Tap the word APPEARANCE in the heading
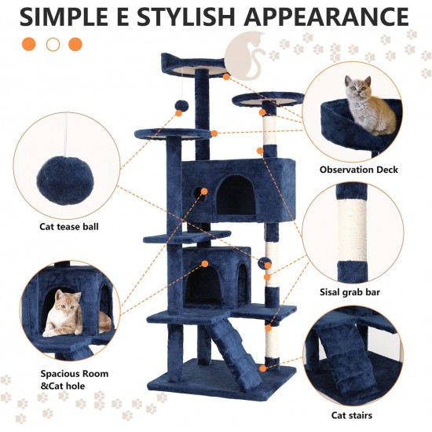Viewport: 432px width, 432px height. click(326, 16)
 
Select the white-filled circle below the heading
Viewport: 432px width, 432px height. click(53, 44)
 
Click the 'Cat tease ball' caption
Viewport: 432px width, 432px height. click(69, 226)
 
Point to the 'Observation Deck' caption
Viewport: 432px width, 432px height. click(359, 170)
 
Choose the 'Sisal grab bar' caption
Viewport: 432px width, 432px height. click(350, 292)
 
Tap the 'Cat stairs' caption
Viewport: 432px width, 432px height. click(352, 415)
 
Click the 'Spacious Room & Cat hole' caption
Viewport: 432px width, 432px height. click(75, 379)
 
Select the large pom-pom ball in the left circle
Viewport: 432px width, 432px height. click(64, 181)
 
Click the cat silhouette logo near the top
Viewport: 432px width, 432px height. click(246, 56)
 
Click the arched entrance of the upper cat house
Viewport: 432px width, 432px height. click(236, 196)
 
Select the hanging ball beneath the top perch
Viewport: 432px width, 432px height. click(181, 106)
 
